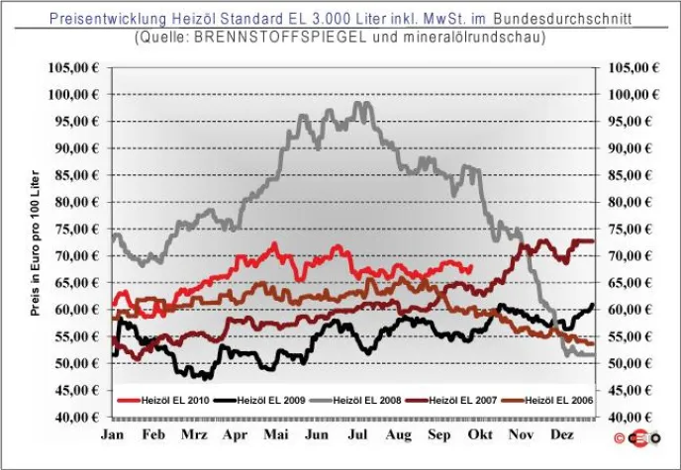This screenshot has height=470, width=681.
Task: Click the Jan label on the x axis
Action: point(114,434)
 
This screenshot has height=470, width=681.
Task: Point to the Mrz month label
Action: point(194,434)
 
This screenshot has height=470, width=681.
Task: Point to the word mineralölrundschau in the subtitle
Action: point(462,38)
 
